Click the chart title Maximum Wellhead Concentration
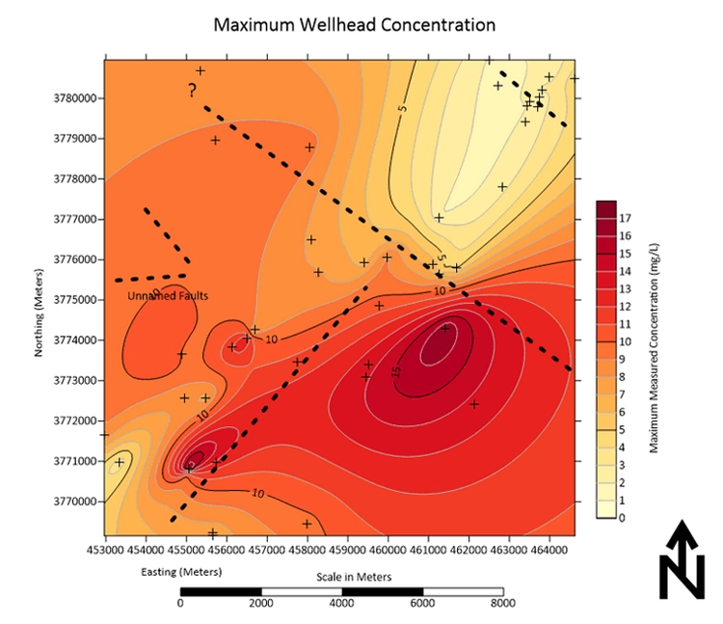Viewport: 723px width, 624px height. coord(354,23)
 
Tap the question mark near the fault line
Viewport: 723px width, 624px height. coord(193,91)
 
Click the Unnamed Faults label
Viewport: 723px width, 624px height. coord(169,296)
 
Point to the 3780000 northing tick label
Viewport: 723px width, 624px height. coord(76,98)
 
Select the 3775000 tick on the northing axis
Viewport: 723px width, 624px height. coord(76,300)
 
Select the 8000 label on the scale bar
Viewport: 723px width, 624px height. coord(502,605)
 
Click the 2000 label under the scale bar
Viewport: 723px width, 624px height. coord(261,605)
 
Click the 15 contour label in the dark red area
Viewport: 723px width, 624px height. coord(395,371)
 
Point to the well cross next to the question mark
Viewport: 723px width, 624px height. coord(201,70)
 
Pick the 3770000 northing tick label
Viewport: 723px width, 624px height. coord(76,502)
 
